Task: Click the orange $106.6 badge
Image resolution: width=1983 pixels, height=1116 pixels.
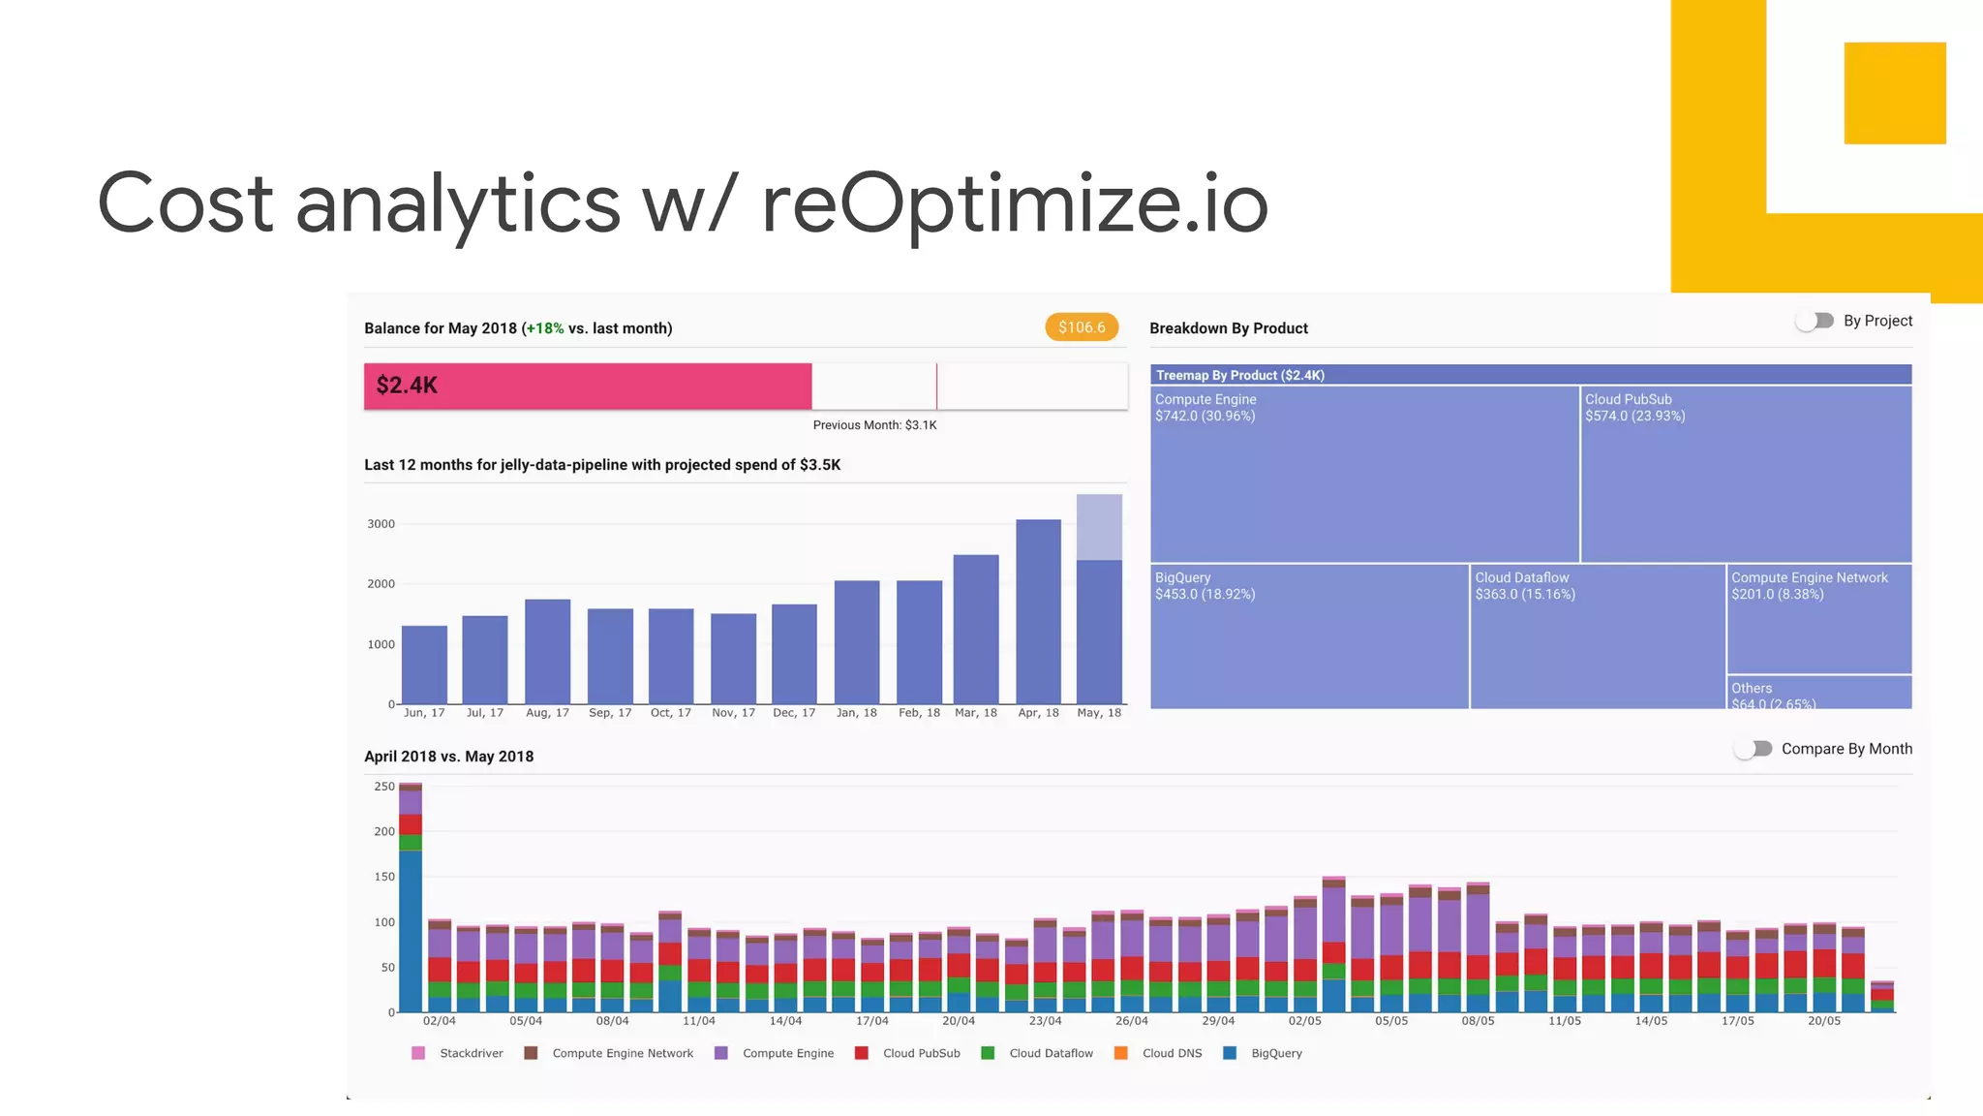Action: point(1082,327)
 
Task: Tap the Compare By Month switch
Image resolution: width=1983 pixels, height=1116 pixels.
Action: point(1754,749)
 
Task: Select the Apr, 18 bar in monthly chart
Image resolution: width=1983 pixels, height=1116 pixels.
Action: point(1038,611)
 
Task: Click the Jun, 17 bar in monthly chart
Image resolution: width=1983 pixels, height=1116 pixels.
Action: point(424,665)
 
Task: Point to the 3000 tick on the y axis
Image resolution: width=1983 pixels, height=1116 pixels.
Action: point(381,524)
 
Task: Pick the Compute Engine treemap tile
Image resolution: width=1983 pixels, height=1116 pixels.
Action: point(1364,474)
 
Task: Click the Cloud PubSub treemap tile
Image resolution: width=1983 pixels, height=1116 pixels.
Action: point(1746,474)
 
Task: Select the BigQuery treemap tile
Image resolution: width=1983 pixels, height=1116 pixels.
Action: point(1309,636)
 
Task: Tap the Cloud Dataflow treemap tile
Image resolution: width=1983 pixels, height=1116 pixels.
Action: point(1598,636)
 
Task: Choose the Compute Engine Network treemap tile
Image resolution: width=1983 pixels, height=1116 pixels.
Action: point(1818,619)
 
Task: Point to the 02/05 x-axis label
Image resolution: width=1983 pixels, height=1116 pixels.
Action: point(1304,1021)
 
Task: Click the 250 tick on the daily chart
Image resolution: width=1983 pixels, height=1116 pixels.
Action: point(384,787)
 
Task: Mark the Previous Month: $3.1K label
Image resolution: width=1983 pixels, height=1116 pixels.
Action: point(874,425)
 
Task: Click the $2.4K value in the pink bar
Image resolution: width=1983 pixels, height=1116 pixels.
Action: point(407,386)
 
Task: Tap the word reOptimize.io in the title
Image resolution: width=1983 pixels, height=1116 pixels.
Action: point(1014,204)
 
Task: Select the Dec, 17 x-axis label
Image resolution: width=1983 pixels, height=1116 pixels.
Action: point(794,713)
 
